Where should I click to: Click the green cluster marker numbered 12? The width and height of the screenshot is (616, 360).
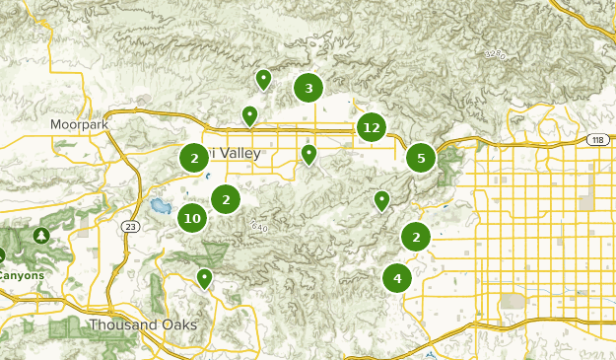pyautogui.click(x=371, y=127)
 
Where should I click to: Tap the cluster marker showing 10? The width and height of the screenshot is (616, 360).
pyautogui.click(x=192, y=219)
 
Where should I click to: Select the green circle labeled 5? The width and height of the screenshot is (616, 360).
pyautogui.click(x=421, y=157)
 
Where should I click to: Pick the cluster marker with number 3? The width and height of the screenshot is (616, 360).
pyautogui.click(x=308, y=89)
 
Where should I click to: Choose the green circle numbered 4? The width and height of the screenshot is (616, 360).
pyautogui.click(x=397, y=278)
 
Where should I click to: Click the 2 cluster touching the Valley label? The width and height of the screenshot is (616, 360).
pyautogui.click(x=194, y=157)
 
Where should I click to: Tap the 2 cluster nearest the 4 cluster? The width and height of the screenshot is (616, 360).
pyautogui.click(x=416, y=237)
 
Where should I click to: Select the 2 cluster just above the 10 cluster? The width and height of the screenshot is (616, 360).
pyautogui.click(x=226, y=199)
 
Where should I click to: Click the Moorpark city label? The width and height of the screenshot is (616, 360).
pyautogui.click(x=79, y=125)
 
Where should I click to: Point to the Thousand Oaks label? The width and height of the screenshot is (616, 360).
pyautogui.click(x=143, y=324)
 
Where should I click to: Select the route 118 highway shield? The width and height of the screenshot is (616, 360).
pyautogui.click(x=597, y=141)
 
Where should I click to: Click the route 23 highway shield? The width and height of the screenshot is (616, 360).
pyautogui.click(x=131, y=227)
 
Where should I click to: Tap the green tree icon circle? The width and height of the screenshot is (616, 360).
pyautogui.click(x=41, y=236)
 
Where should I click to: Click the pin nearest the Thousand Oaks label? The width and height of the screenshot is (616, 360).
pyautogui.click(x=204, y=277)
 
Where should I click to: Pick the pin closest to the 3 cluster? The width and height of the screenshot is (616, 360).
pyautogui.click(x=263, y=78)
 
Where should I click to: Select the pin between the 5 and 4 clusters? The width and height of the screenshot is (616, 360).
pyautogui.click(x=382, y=200)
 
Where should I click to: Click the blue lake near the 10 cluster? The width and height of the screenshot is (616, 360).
pyautogui.click(x=159, y=207)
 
